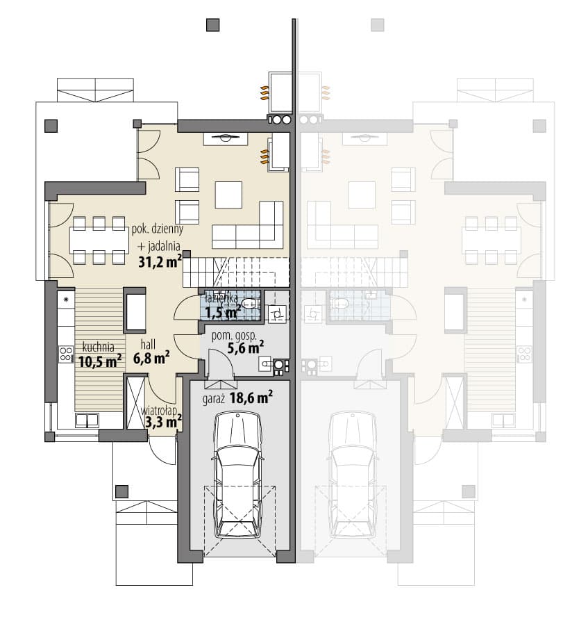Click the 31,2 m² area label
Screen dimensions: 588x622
(x=160, y=262)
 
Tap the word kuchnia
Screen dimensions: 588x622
(x=99, y=347)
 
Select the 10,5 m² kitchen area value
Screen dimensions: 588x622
(x=100, y=361)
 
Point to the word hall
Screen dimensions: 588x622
(x=148, y=344)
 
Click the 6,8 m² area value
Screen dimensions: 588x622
(x=151, y=358)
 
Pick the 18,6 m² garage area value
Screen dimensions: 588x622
(x=251, y=397)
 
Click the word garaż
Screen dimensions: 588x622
(x=214, y=399)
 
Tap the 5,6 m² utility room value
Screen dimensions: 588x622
(x=246, y=348)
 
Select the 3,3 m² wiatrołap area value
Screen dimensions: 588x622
(x=164, y=422)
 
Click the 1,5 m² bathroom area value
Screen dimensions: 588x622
(x=224, y=312)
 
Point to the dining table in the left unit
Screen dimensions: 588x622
(x=99, y=240)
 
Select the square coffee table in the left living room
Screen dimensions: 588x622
(x=228, y=195)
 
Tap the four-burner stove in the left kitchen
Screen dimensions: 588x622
(x=66, y=354)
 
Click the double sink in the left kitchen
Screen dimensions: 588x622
(x=87, y=420)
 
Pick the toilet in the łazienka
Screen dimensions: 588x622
(x=250, y=304)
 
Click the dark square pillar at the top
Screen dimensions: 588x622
(x=212, y=25)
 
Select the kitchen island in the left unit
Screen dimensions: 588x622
(x=135, y=310)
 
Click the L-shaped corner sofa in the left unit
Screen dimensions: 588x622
(x=248, y=225)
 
